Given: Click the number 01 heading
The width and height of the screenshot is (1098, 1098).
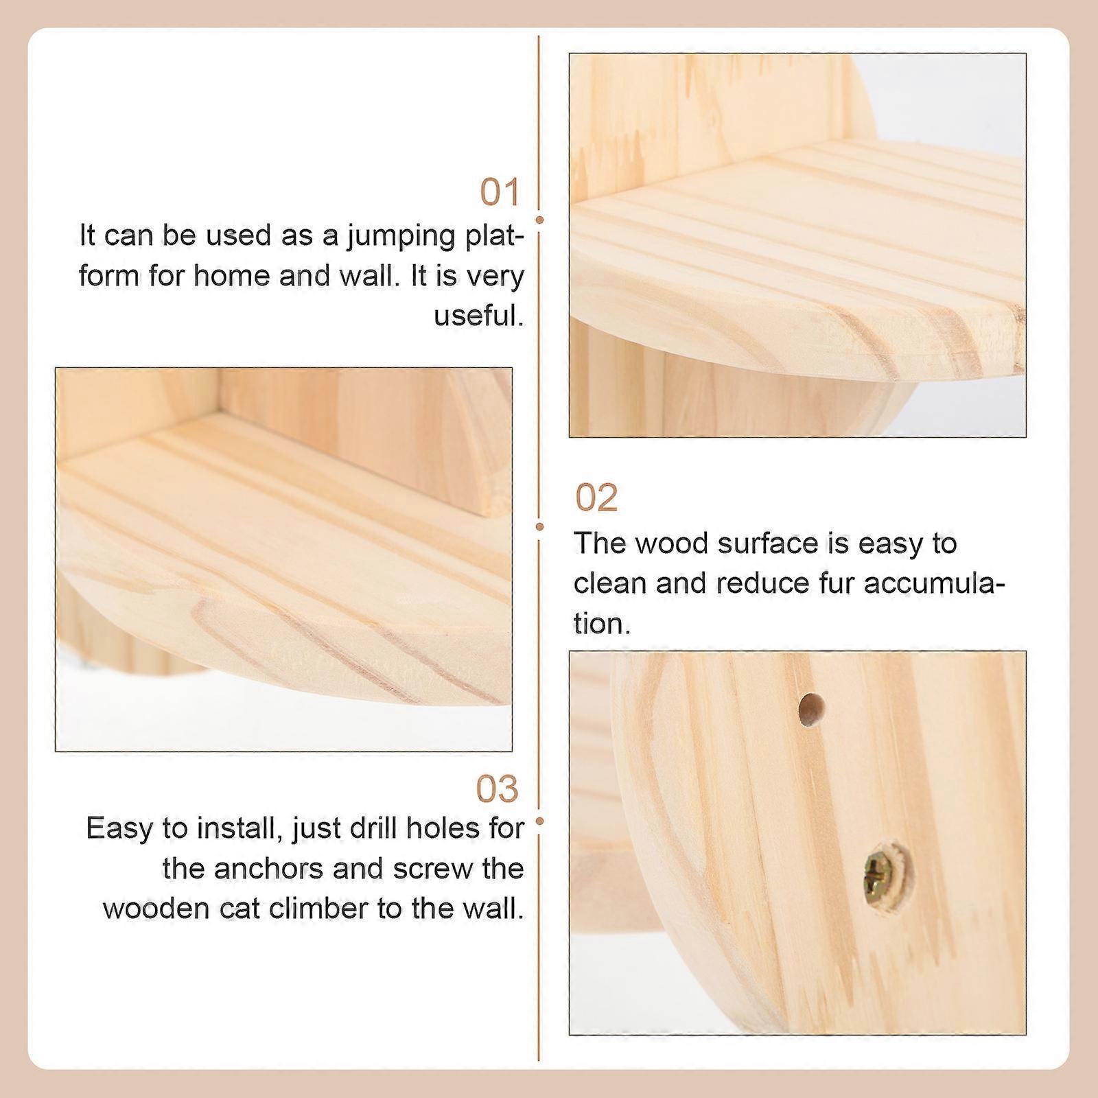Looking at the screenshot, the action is click(x=500, y=192).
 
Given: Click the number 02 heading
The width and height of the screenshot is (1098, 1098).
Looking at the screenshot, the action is click(x=596, y=498).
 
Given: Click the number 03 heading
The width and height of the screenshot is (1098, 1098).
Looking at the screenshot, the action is click(x=498, y=790).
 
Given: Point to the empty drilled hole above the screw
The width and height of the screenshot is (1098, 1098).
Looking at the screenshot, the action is click(x=811, y=710).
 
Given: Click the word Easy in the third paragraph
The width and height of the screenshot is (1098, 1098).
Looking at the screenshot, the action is click(x=119, y=830).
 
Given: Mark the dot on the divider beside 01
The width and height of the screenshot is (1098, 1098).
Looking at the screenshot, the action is click(x=539, y=220).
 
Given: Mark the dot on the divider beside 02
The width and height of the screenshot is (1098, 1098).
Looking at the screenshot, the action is click(x=539, y=526).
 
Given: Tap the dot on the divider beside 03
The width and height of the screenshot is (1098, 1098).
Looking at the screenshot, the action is click(x=539, y=821).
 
